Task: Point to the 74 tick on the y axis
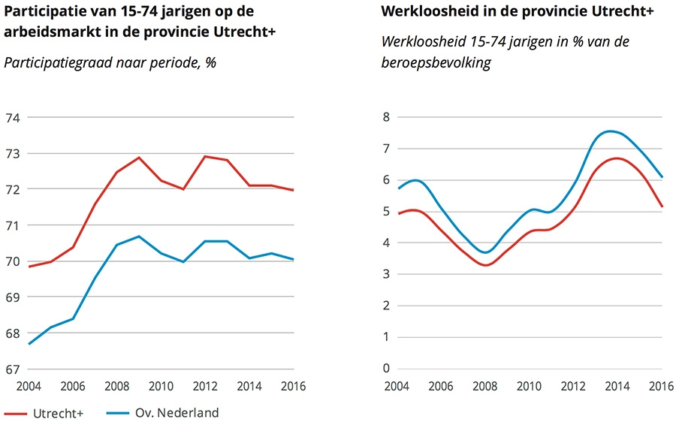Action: [x=12, y=117]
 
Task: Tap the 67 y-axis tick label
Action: [x=12, y=369]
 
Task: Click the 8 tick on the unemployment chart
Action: [x=385, y=117]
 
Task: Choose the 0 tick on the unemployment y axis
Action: [x=385, y=369]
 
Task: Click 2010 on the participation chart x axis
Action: [x=161, y=387]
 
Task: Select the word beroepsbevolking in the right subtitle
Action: [x=436, y=63]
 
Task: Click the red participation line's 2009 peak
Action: [x=139, y=158]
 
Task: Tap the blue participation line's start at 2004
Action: [x=29, y=344]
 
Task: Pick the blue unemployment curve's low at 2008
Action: [x=486, y=252]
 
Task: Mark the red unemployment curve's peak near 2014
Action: [x=615, y=158]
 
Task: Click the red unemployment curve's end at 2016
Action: [x=662, y=206]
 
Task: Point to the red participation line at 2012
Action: [x=205, y=156]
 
